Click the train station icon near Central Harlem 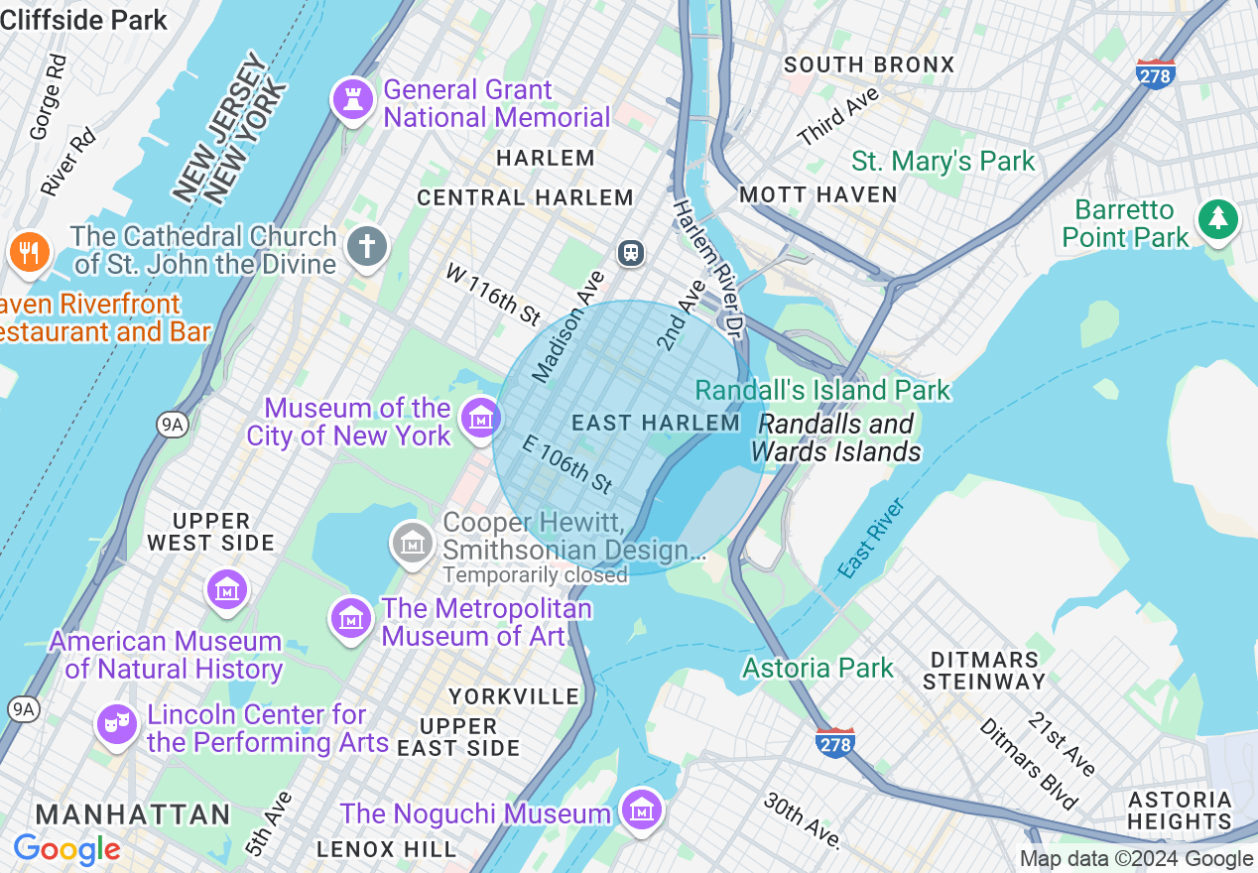[630, 252]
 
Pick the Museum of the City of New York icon [481, 418]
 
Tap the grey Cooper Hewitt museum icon [412, 543]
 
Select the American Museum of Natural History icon [227, 589]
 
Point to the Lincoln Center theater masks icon [116, 724]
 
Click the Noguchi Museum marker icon [642, 810]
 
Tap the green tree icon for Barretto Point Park [1216, 218]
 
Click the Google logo [66, 849]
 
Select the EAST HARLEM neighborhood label [656, 423]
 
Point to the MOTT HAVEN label [818, 194]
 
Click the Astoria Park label [818, 668]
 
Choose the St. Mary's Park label [943, 161]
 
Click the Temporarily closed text [535, 575]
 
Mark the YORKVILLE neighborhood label [514, 696]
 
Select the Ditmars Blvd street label [1029, 764]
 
